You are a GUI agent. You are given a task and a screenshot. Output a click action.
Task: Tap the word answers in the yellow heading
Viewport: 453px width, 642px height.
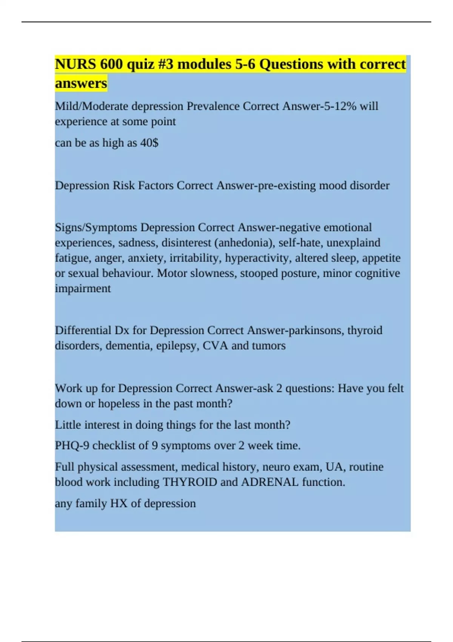coord(81,83)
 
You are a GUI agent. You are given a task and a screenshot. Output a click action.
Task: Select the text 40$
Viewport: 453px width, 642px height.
coord(149,143)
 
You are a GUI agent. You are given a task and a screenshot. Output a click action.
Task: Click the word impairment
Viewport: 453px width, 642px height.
coord(83,289)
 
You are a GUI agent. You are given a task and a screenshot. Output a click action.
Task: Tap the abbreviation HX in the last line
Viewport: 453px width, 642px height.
coord(119,503)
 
